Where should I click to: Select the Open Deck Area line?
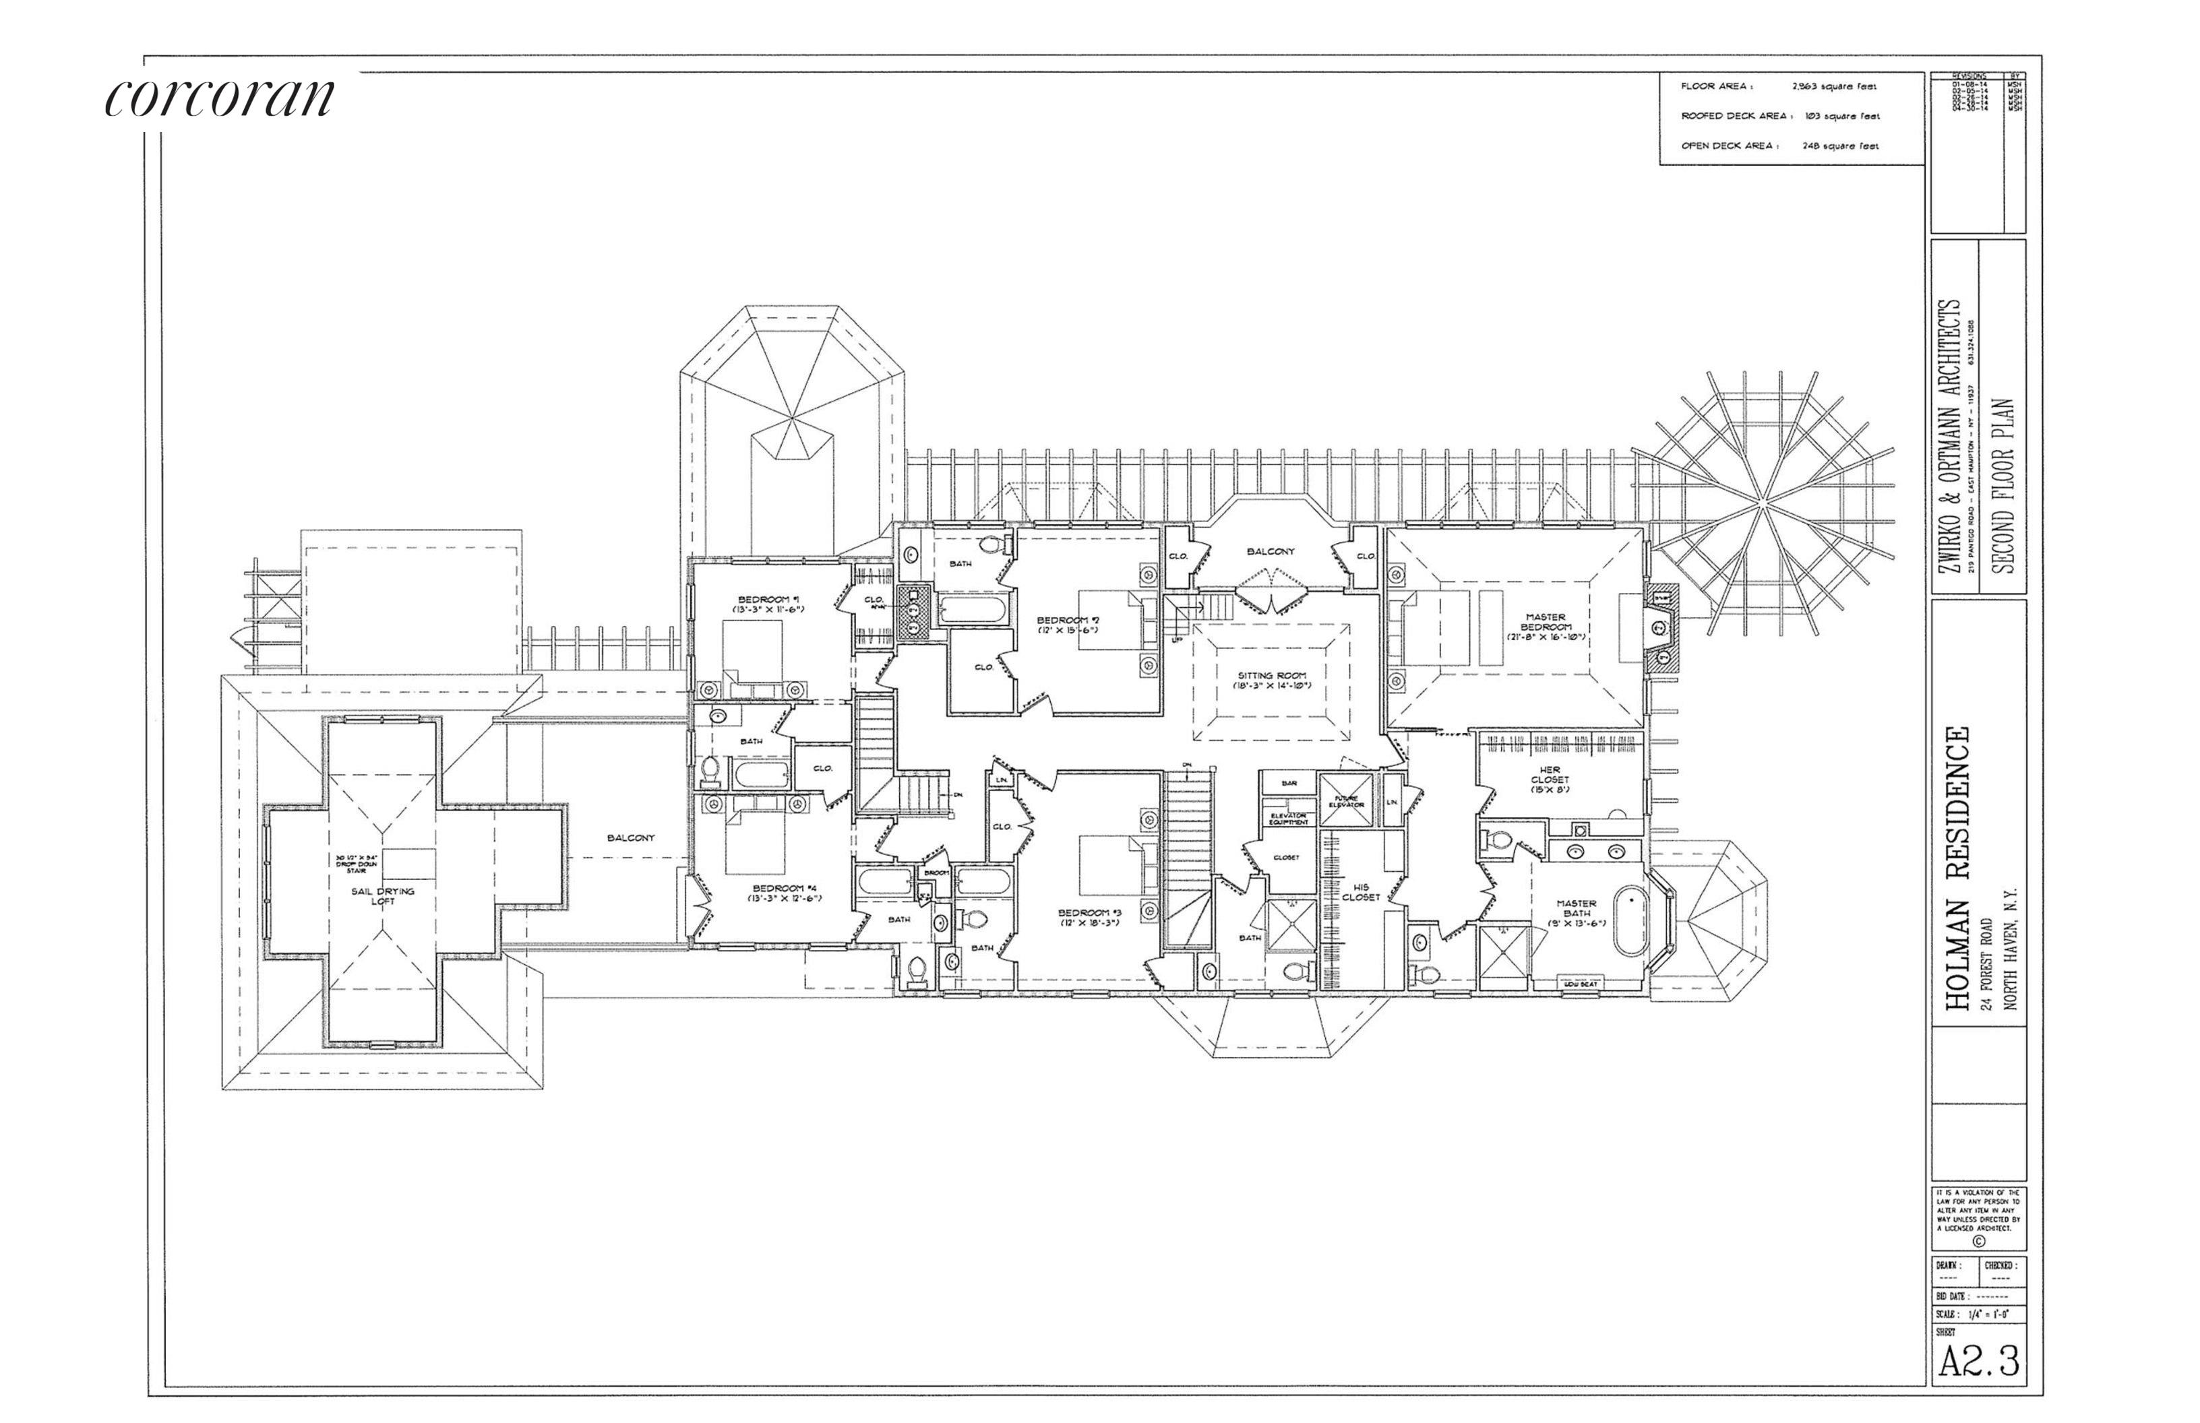click(1779, 145)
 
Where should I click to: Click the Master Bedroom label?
click(1546, 621)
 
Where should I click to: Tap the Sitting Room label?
click(1274, 680)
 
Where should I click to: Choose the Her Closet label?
click(1550, 780)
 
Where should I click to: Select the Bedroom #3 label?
click(1090, 918)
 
